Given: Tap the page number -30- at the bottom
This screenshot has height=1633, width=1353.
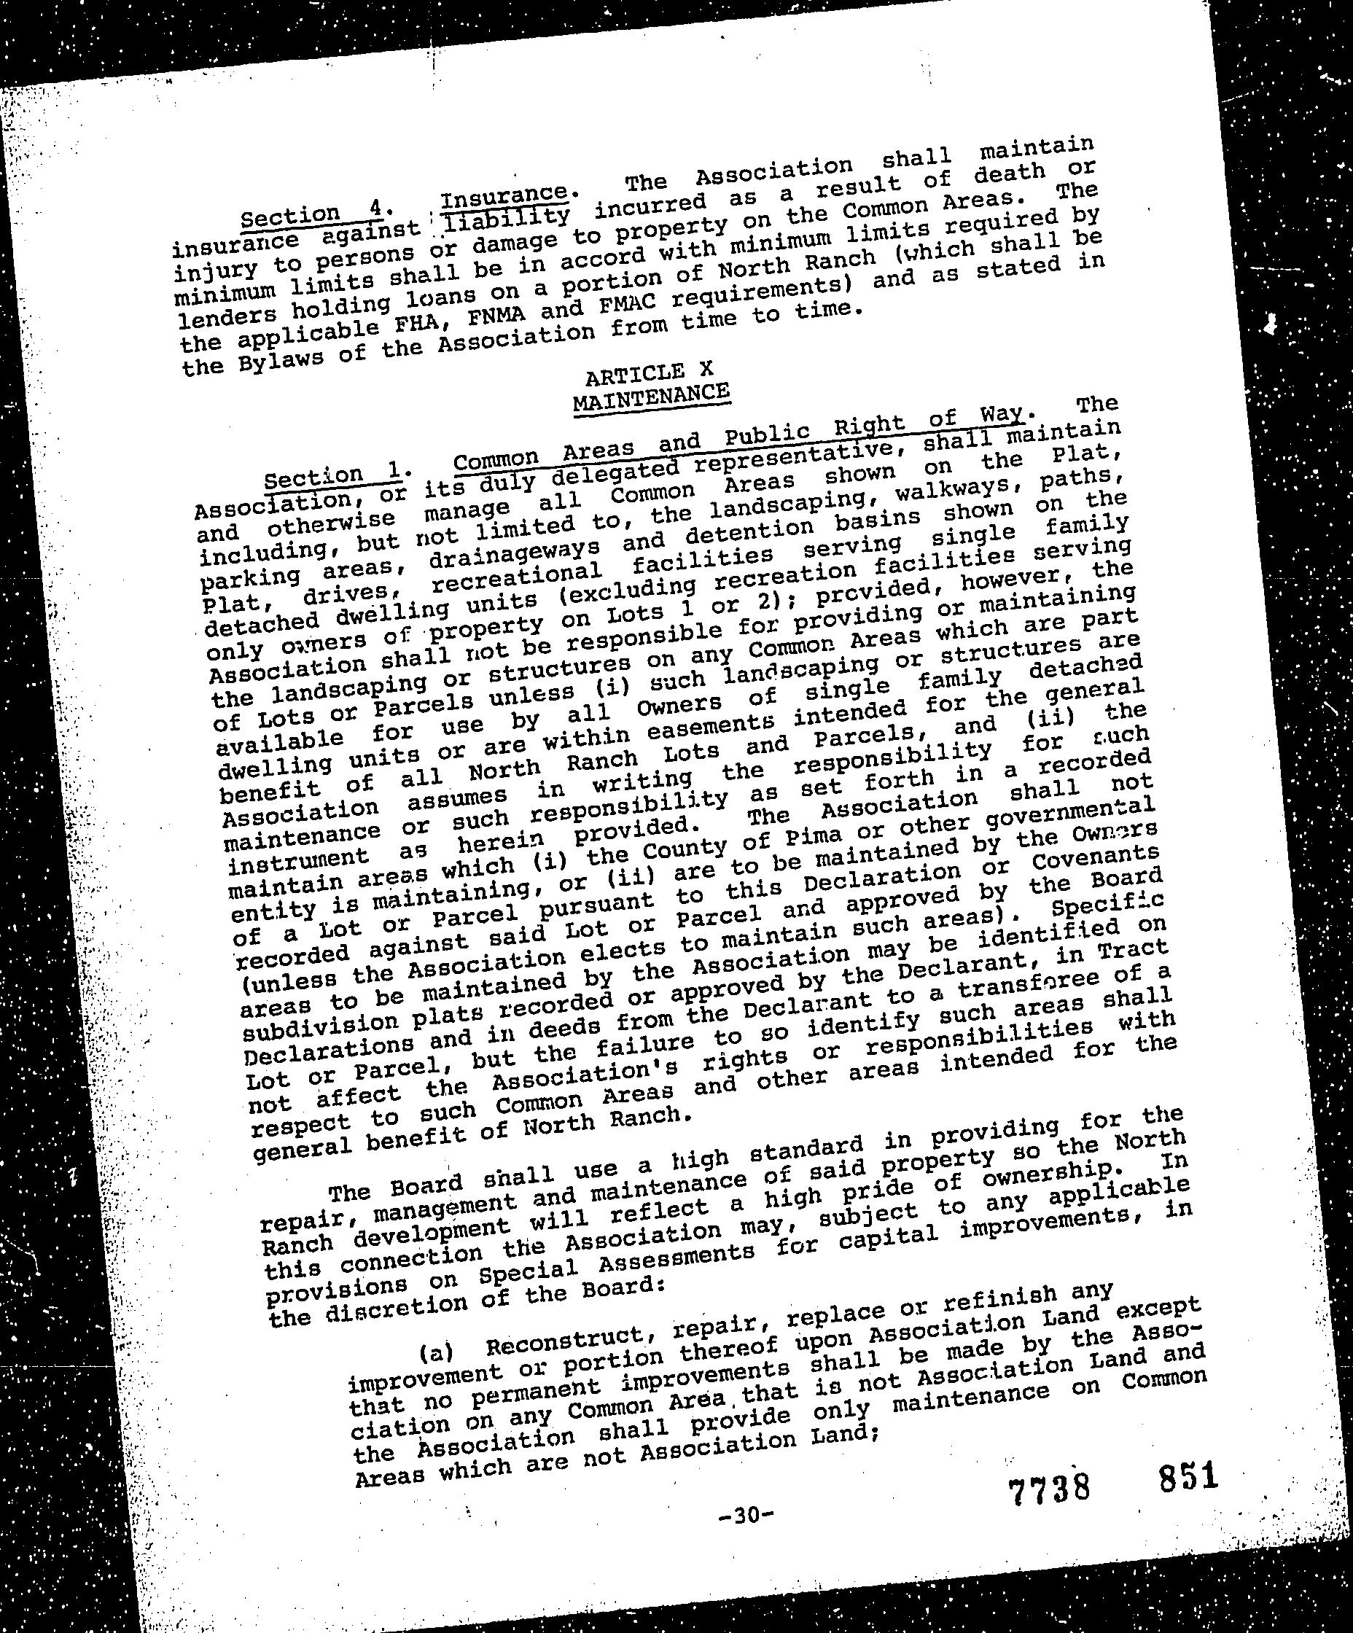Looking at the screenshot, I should pos(746,1515).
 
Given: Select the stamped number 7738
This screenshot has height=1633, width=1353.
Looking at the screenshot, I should pos(1049,1490).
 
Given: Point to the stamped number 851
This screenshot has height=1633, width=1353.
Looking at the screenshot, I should pos(1187,1476).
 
